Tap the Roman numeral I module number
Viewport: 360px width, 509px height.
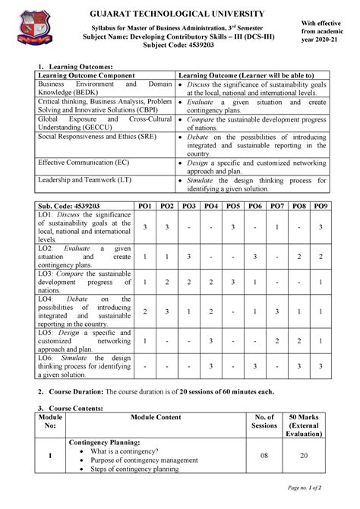[50, 455]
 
